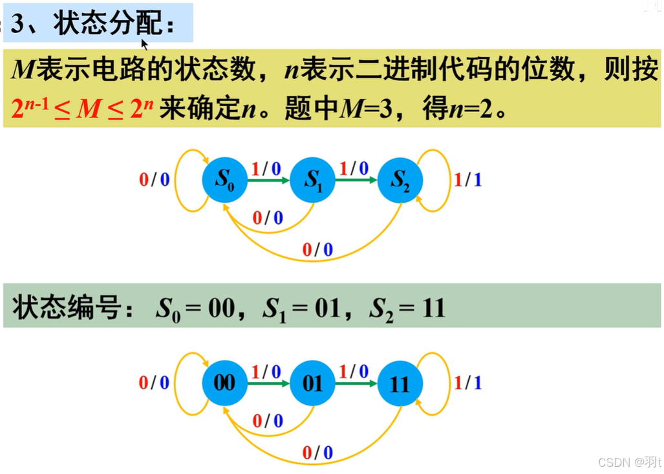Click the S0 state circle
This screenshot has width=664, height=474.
tap(224, 179)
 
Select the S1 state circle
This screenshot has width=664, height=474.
tap(312, 179)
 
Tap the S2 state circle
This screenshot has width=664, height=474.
tap(400, 179)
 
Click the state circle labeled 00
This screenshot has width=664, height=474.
tap(224, 383)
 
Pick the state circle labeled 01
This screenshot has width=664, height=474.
tap(312, 383)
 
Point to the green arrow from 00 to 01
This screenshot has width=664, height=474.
tap(268, 383)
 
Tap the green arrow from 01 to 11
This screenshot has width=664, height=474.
tap(356, 383)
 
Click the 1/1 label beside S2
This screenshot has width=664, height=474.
tap(467, 179)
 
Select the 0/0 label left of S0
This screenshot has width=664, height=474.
tap(154, 179)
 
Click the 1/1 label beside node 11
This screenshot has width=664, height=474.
tap(467, 383)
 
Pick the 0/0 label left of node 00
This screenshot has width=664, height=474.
tap(154, 383)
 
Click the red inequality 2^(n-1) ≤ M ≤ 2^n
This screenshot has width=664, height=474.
tap(82, 108)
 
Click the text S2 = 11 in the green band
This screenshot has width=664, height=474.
tap(407, 308)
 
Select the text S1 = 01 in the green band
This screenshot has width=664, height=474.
tap(301, 308)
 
